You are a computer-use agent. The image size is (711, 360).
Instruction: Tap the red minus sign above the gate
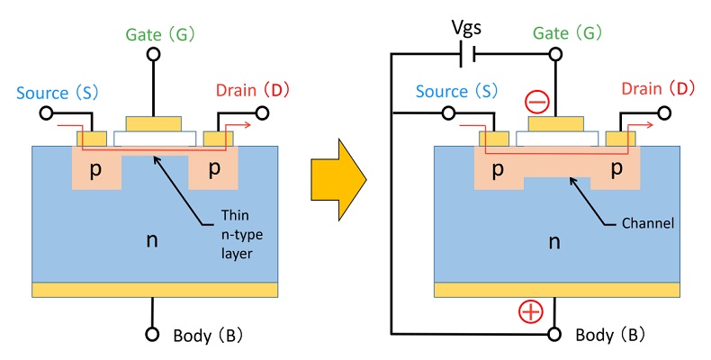[x=536, y=102]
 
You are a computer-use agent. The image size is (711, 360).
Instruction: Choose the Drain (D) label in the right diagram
[x=659, y=89]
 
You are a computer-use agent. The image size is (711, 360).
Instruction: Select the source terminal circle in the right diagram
[x=447, y=113]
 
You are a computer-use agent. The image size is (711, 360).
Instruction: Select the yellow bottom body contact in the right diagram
[x=553, y=289]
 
